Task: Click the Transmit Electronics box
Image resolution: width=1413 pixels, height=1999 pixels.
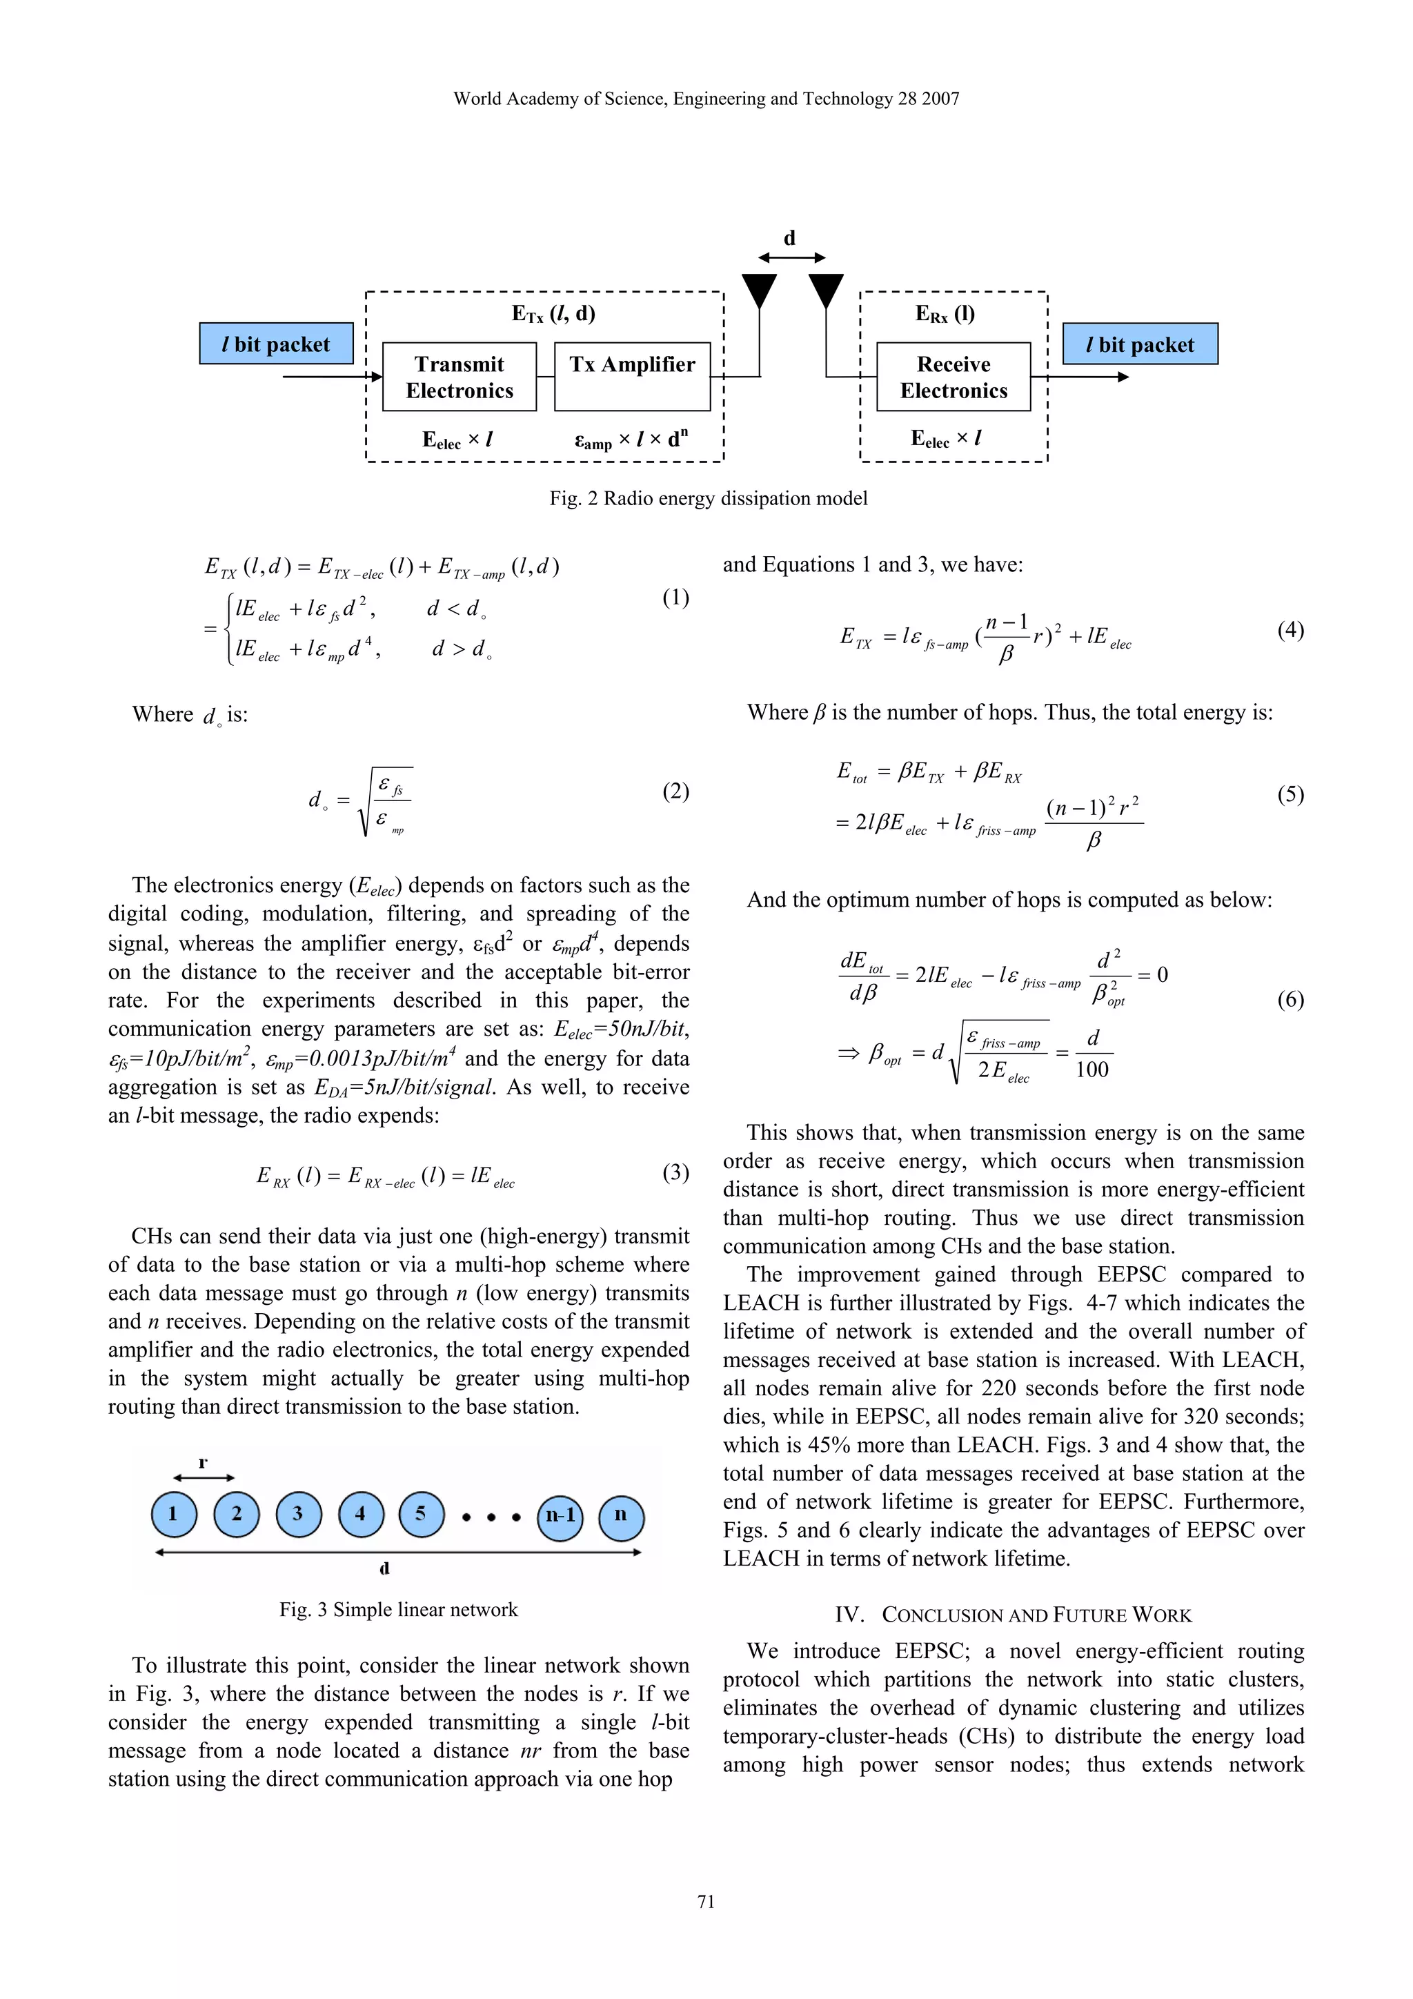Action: [459, 377]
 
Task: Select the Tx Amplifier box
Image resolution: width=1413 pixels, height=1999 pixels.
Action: [632, 377]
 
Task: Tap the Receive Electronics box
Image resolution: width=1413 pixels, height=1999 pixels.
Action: [953, 377]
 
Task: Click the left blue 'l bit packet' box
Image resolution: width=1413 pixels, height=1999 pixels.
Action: [276, 344]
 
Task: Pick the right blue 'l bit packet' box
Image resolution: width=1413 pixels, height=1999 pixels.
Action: [1140, 344]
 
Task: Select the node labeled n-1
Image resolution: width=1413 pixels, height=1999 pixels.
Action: [560, 1516]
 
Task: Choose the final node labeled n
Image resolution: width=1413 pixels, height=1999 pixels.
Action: [621, 1516]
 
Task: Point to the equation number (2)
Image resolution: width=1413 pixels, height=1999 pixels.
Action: [675, 791]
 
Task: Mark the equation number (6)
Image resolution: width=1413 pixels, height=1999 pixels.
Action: [1290, 998]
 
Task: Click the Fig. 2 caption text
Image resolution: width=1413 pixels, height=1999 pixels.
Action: [708, 499]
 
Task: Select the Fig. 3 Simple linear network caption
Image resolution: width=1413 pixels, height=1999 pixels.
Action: [399, 1610]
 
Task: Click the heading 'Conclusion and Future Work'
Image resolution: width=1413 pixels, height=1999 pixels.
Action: [1013, 1615]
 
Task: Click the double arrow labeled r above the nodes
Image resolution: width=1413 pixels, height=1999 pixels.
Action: [204, 1477]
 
